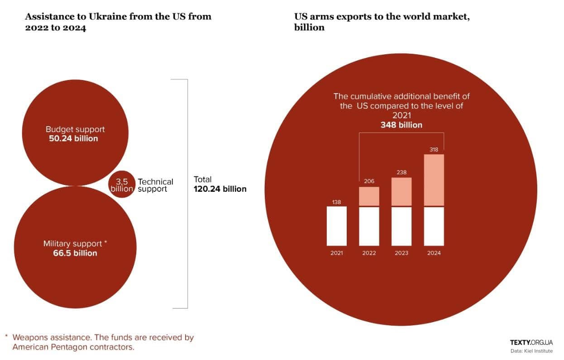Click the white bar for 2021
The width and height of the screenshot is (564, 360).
(x=337, y=226)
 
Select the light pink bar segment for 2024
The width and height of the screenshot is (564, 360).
(x=434, y=180)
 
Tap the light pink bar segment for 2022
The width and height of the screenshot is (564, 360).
(x=369, y=196)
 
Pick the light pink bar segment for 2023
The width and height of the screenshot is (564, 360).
(x=401, y=192)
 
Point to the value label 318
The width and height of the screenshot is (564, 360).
(x=434, y=149)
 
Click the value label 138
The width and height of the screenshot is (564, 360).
(x=337, y=202)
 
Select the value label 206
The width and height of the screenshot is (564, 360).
(x=369, y=181)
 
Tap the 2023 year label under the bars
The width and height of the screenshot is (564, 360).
(x=401, y=253)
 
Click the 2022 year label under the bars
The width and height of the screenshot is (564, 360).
(x=369, y=253)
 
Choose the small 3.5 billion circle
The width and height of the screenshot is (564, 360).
(x=122, y=185)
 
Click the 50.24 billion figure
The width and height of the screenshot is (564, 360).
(x=73, y=138)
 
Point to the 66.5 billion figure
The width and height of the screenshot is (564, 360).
(x=75, y=253)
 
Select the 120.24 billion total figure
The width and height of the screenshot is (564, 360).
(x=220, y=189)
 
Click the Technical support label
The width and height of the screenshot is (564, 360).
(x=155, y=185)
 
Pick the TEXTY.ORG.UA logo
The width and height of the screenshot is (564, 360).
(x=531, y=342)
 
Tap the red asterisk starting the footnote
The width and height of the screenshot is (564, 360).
(x=6, y=337)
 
